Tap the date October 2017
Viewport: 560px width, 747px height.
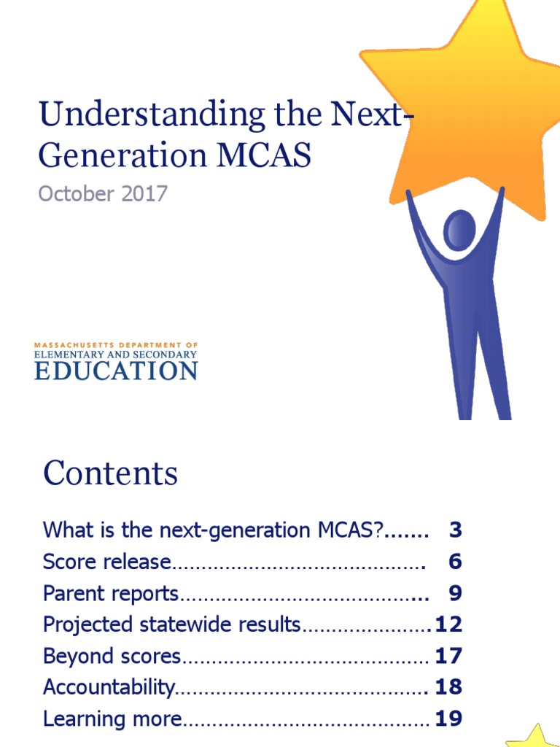tap(103, 194)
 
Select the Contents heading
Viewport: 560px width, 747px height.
tap(110, 473)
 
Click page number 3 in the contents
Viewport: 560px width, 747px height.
tap(456, 530)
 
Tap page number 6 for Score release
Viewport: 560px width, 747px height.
tap(456, 562)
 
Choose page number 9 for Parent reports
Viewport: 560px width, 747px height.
tap(456, 594)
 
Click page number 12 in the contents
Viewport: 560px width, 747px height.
tap(448, 625)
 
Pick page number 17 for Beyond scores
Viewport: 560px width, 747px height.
tap(448, 657)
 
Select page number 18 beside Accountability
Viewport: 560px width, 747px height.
tap(448, 687)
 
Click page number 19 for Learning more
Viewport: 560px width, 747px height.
tap(448, 719)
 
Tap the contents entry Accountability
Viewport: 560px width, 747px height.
tap(109, 687)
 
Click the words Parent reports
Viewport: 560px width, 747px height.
tap(110, 594)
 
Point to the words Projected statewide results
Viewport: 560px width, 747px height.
tap(171, 625)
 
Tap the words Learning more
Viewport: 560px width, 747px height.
tap(112, 719)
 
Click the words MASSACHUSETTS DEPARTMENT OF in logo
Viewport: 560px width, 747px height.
tap(116, 344)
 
